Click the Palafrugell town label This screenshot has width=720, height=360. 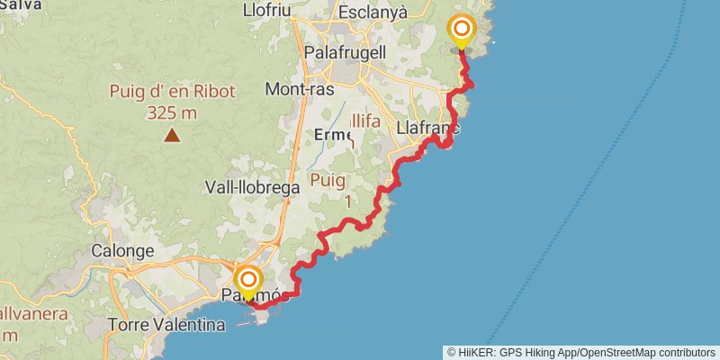pos(346,53)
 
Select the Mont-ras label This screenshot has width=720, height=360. pos(300,89)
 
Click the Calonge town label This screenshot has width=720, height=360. pos(122,251)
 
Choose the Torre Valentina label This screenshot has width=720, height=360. pos(166,325)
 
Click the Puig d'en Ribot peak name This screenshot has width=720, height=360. pos(172,91)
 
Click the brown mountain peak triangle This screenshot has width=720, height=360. pos(171,136)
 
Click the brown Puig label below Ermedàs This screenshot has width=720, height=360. pos(328,180)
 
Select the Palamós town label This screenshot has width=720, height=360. pos(256,296)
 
